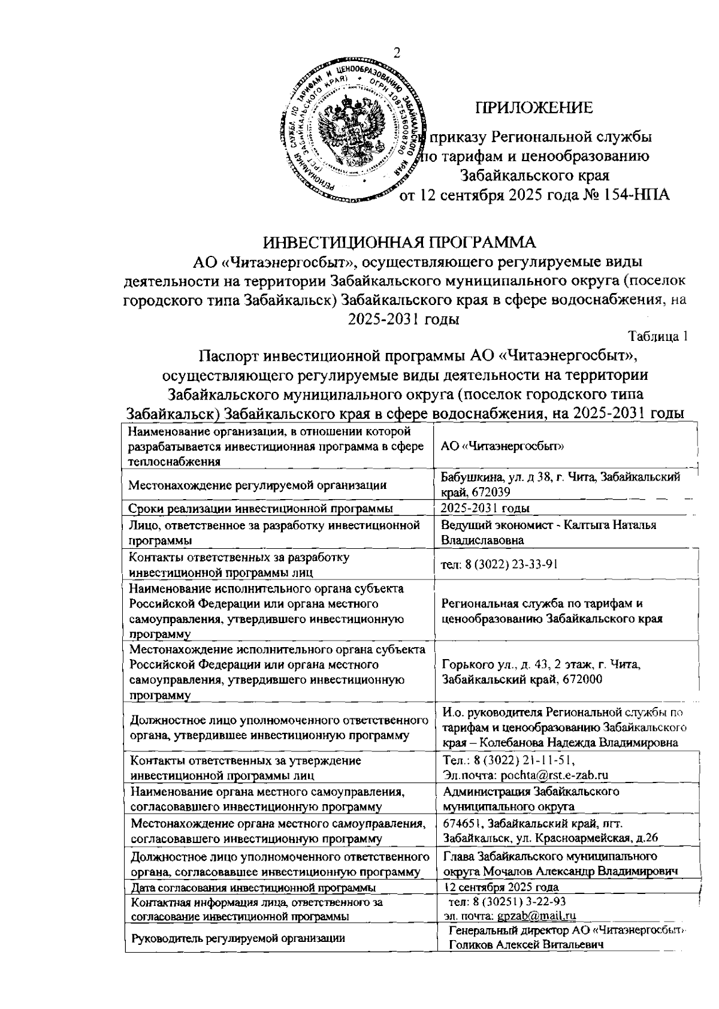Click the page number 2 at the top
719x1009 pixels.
(x=396, y=53)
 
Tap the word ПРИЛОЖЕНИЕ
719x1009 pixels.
(x=534, y=108)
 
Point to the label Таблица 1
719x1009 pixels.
(x=657, y=336)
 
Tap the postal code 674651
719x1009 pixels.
(x=463, y=823)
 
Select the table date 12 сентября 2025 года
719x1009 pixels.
(x=502, y=887)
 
